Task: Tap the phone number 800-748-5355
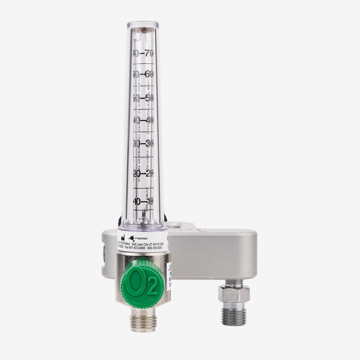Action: (154, 248)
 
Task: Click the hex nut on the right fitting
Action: (234, 294)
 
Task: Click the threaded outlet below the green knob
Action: (143, 319)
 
